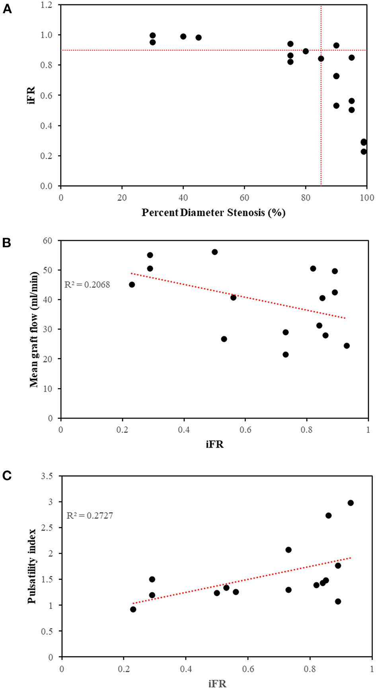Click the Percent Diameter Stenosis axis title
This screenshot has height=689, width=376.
213,213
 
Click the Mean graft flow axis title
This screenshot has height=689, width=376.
34,329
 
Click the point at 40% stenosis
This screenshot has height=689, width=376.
183,36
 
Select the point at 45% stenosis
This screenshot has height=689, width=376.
199,37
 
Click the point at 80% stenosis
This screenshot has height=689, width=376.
306,51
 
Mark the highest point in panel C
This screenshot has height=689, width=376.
351,503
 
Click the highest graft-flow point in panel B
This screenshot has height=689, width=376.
214,252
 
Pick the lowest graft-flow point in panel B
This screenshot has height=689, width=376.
285,354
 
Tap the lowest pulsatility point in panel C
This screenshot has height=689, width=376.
133,609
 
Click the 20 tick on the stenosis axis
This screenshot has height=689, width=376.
122,197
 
